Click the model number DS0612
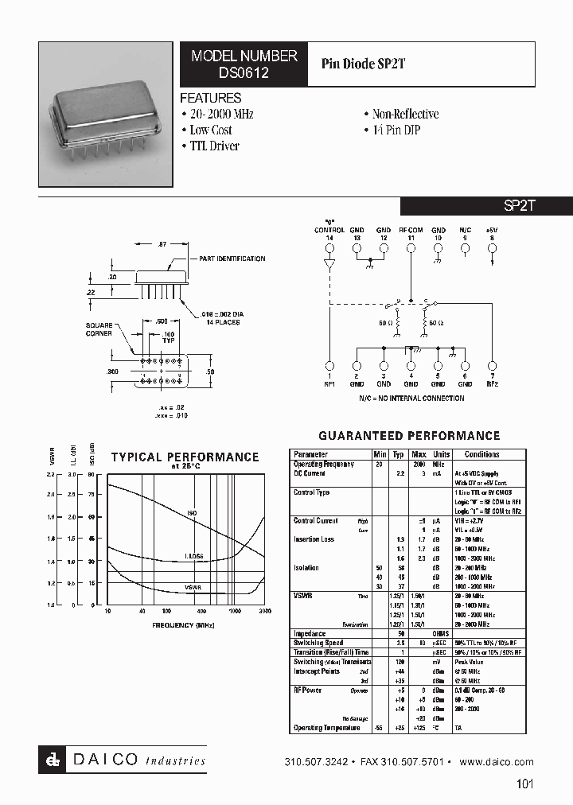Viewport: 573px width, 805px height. [x=244, y=72]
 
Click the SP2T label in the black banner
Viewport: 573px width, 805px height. [x=520, y=205]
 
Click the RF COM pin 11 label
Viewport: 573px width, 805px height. [x=411, y=234]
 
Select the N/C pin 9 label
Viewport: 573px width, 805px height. [x=466, y=234]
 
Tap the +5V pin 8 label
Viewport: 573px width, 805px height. [x=493, y=234]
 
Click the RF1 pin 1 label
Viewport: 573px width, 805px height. [x=329, y=379]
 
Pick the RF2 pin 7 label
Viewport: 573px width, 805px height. [x=493, y=379]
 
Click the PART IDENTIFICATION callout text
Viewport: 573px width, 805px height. [x=232, y=259]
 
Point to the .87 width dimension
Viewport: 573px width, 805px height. [x=162, y=243]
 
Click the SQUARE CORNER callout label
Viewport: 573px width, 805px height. [x=99, y=329]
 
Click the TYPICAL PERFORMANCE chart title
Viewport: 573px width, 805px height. [x=185, y=457]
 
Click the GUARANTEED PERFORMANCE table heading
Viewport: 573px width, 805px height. [x=409, y=436]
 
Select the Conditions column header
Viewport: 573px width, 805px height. [x=481, y=454]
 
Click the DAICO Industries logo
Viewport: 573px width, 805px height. [x=123, y=760]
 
